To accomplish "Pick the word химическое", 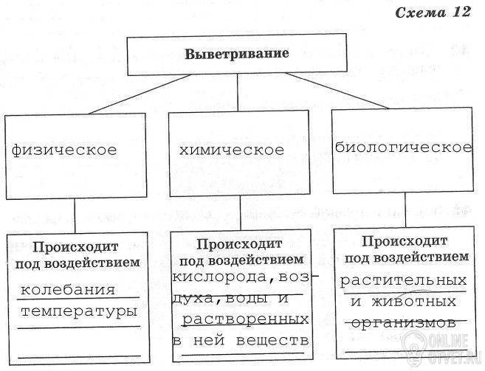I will pyautogui.click(x=231, y=150).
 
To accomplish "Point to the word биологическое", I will pyautogui.click(x=403, y=147).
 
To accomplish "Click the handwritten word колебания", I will pyautogui.click(x=68, y=288).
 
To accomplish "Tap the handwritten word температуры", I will pyautogui.click(x=80, y=312).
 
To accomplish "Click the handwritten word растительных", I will pyautogui.click(x=404, y=280).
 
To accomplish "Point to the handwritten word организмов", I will pyautogui.click(x=402, y=322).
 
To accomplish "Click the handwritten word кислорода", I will pyautogui.click(x=218, y=277).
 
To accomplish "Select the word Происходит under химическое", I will pyautogui.click(x=239, y=244).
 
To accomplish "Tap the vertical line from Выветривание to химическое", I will pyautogui.click(x=236, y=93).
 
